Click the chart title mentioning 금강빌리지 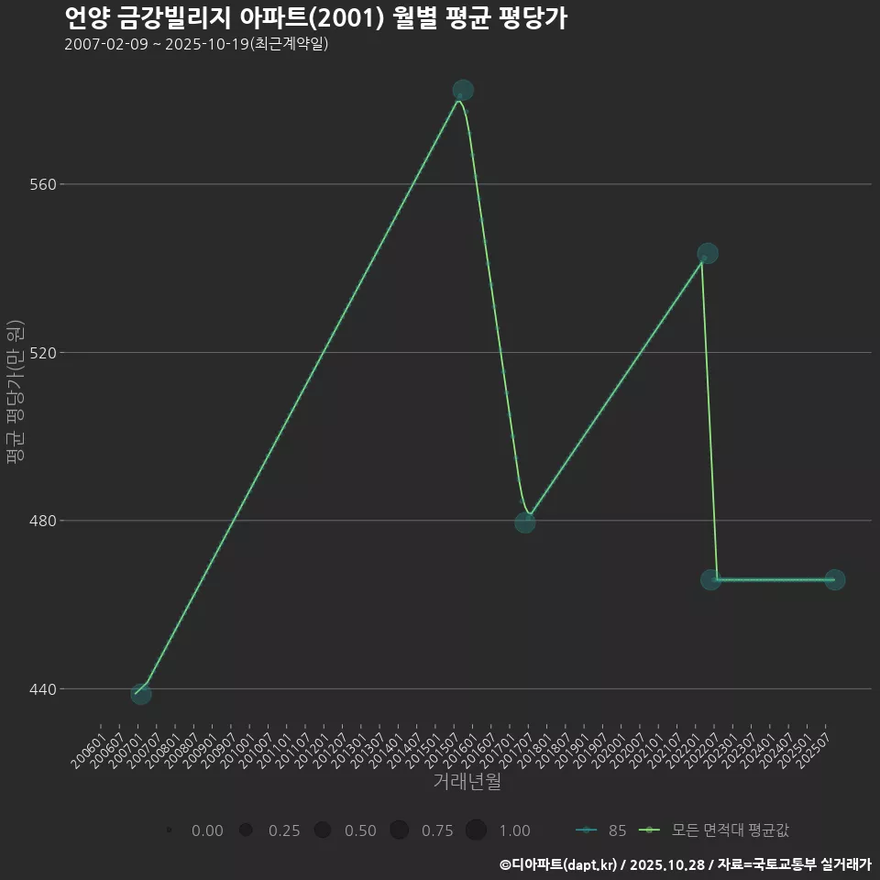315,18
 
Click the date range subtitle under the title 196,45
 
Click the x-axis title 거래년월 467,782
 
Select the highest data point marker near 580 463,90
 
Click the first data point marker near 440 140,694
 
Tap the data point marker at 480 524,522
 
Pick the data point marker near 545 708,253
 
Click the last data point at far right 834,580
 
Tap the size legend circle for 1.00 475,830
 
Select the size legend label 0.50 360,830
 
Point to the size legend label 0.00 207,830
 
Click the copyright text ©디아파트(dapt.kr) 558,864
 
